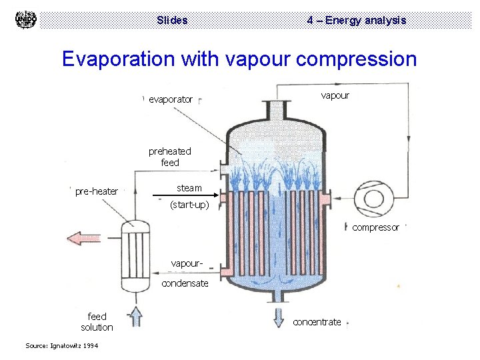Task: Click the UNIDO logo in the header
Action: point(25,20)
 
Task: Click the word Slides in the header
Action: point(172,20)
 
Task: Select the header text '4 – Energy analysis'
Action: point(356,20)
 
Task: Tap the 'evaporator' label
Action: point(171,99)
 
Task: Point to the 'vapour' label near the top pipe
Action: point(335,95)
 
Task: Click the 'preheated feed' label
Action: point(169,157)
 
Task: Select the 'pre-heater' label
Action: point(96,191)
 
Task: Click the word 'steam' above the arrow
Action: point(189,188)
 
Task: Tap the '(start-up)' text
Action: point(189,205)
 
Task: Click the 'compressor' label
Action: point(375,227)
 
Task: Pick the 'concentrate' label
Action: point(317,322)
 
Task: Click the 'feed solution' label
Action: point(97,321)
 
